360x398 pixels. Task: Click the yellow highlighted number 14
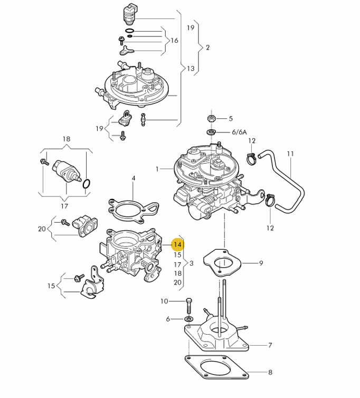[x=177, y=245]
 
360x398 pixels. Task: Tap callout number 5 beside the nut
[x=230, y=119]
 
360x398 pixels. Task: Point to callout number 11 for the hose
[x=290, y=154]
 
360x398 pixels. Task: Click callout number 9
[x=261, y=263]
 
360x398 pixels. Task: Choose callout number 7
[x=270, y=346]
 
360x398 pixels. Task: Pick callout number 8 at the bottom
[x=270, y=373]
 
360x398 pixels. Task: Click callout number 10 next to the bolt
[x=164, y=301]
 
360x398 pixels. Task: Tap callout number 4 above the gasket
[x=134, y=178]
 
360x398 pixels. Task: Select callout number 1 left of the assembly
[x=157, y=169]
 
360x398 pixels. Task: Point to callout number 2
[x=207, y=48]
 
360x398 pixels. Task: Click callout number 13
[x=190, y=69]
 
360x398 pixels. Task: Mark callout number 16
[x=174, y=41]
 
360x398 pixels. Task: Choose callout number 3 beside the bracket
[x=192, y=263]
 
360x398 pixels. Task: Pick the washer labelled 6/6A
[x=210, y=131]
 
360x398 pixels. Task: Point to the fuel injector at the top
[x=130, y=15]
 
